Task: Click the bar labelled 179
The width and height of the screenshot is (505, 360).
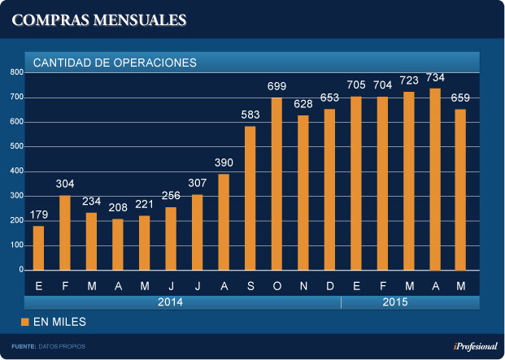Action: [38, 248]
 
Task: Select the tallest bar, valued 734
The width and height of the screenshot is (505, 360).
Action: [435, 179]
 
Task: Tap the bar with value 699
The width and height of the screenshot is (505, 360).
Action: [276, 184]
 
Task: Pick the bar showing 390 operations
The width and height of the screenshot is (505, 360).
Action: [224, 222]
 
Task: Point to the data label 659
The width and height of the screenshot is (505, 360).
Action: [460, 99]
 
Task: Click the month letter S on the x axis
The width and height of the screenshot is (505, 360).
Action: [250, 285]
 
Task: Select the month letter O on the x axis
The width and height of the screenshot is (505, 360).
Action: [276, 285]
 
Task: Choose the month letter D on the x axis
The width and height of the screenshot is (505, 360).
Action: [329, 285]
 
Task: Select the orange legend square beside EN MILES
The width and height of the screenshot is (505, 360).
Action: [25, 323]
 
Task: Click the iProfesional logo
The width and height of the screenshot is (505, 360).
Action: [475, 346]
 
